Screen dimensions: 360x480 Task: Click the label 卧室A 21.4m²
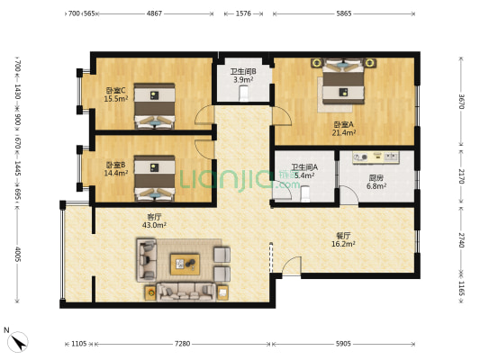(x=343, y=129)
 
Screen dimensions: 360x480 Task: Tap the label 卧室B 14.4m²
(x=116, y=168)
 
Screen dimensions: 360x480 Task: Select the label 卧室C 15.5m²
(x=116, y=94)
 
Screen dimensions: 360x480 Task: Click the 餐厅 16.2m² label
(x=343, y=240)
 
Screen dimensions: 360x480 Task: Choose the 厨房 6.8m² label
(x=376, y=182)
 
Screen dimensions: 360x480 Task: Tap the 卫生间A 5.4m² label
(x=303, y=171)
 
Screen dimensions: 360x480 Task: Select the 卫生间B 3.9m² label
(x=242, y=76)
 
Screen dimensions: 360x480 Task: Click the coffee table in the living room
(x=185, y=264)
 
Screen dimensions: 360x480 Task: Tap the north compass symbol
(x=17, y=341)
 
